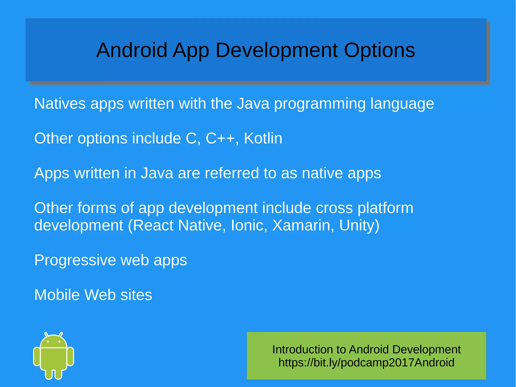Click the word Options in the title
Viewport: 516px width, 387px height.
pos(379,50)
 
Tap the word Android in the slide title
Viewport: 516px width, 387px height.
pos(132,50)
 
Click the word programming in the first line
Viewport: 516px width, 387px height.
pos(320,104)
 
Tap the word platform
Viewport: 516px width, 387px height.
pos(385,208)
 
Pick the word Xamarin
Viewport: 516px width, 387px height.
pos(301,225)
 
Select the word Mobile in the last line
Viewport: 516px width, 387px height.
pos(57,295)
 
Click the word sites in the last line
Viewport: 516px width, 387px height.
pos(136,295)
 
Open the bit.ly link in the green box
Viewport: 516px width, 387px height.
pos(366,363)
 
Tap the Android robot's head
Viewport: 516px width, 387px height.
pos(53,342)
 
